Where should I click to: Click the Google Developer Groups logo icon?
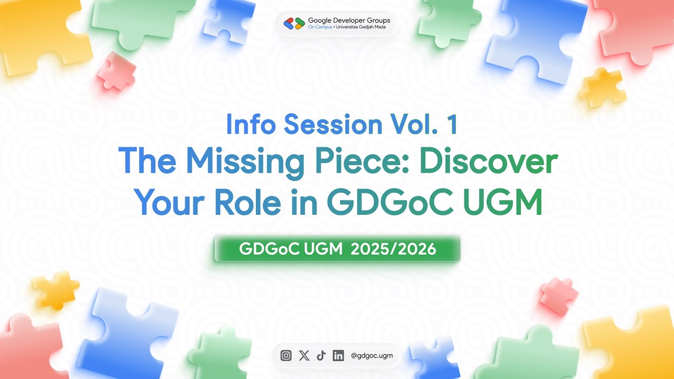[294, 23]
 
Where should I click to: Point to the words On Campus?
[320, 27]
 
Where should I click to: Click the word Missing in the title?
[245, 162]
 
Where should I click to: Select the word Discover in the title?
[489, 162]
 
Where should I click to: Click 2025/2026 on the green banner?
[393, 249]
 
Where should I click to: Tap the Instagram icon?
[286, 356]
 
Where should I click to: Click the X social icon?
[304, 356]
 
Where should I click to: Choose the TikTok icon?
[321, 356]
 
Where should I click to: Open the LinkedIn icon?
[338, 356]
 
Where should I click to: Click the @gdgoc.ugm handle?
[372, 356]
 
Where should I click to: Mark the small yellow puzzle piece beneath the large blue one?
[603, 87]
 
